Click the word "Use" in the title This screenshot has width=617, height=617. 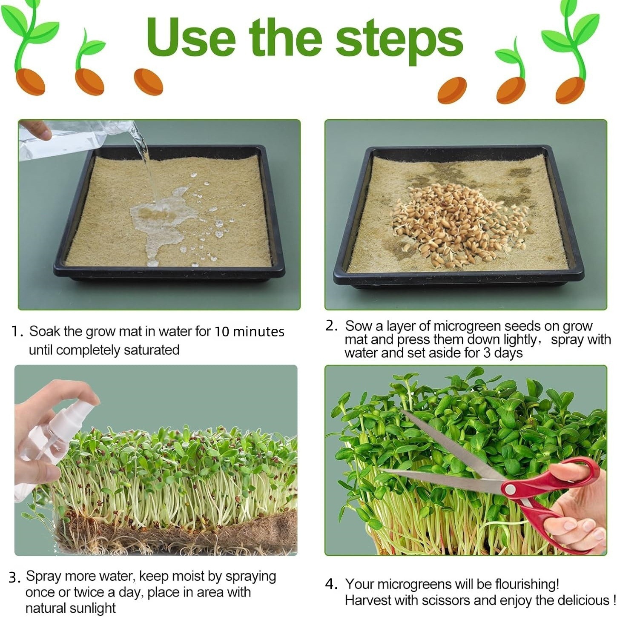[x=191, y=38]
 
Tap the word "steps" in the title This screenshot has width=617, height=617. [x=399, y=42]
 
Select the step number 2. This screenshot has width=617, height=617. [x=331, y=326]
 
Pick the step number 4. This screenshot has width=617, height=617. [x=331, y=584]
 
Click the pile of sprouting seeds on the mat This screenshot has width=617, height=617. [x=458, y=221]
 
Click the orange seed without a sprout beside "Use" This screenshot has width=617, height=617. [x=148, y=82]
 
